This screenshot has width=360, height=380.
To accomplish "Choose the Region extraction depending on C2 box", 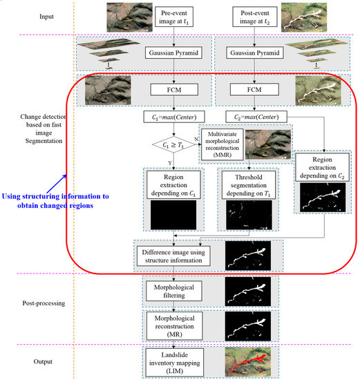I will pyautogui.click(x=321, y=168).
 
